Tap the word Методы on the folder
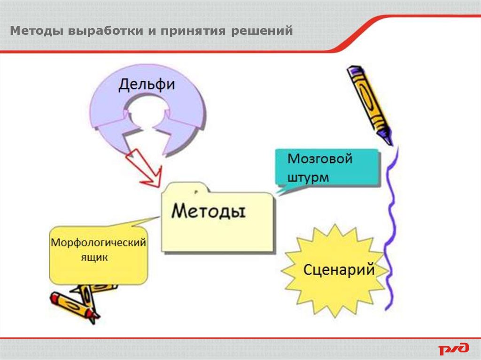click(208, 211)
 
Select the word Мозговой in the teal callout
click(319, 159)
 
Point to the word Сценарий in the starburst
click(339, 270)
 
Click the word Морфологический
click(99, 243)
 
